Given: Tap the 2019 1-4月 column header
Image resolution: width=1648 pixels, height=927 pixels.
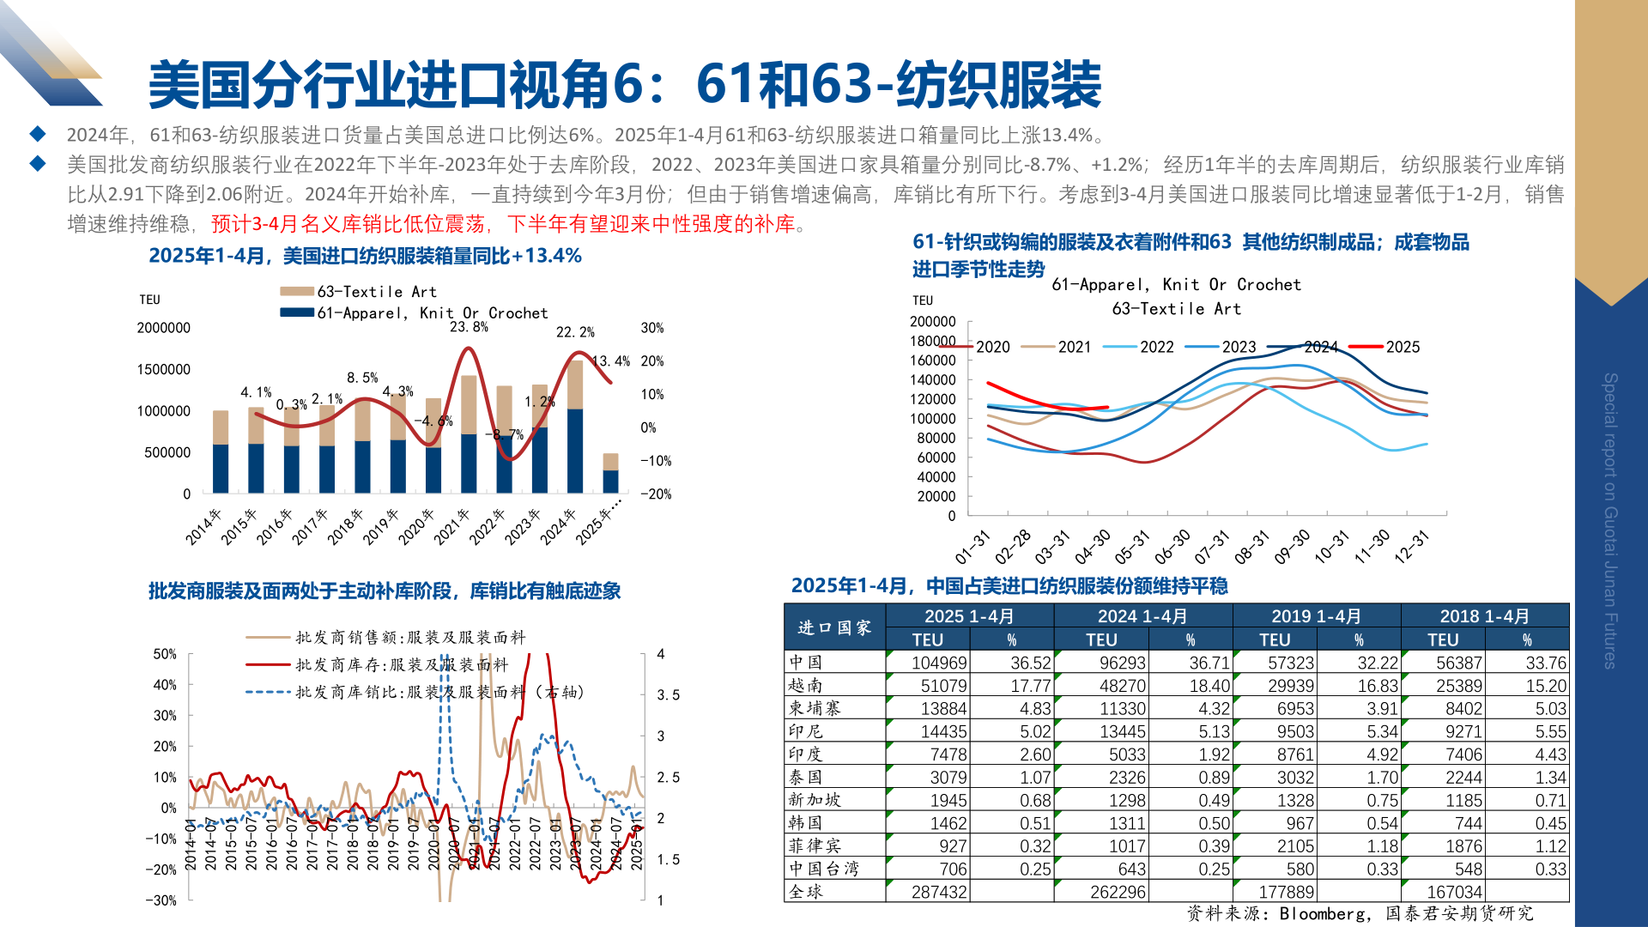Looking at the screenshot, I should (x=1316, y=616).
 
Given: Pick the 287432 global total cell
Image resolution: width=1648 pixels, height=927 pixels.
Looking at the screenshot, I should (x=939, y=892).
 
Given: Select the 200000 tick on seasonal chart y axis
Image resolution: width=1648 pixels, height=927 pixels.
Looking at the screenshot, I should (x=932, y=321).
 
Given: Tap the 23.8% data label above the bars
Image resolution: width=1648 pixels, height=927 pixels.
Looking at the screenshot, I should (x=469, y=327).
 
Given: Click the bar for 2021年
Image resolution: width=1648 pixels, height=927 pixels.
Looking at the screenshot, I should (x=469, y=434).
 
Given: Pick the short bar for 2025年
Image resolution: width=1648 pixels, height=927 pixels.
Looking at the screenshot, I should (x=610, y=472).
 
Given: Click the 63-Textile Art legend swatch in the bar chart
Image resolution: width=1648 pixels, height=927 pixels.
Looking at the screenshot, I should (x=297, y=292).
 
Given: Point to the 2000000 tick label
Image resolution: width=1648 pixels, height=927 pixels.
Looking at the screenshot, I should (x=163, y=328).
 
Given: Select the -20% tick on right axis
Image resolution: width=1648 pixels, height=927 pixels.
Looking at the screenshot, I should (x=657, y=494).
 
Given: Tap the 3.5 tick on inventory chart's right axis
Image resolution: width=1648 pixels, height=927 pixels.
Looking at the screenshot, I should (x=668, y=695).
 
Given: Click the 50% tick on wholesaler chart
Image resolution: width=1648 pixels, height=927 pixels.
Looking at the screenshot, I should (x=165, y=654).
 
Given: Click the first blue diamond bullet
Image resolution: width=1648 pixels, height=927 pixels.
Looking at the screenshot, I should (x=38, y=134).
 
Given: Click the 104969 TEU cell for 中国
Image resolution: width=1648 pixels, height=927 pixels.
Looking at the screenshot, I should (x=939, y=663).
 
